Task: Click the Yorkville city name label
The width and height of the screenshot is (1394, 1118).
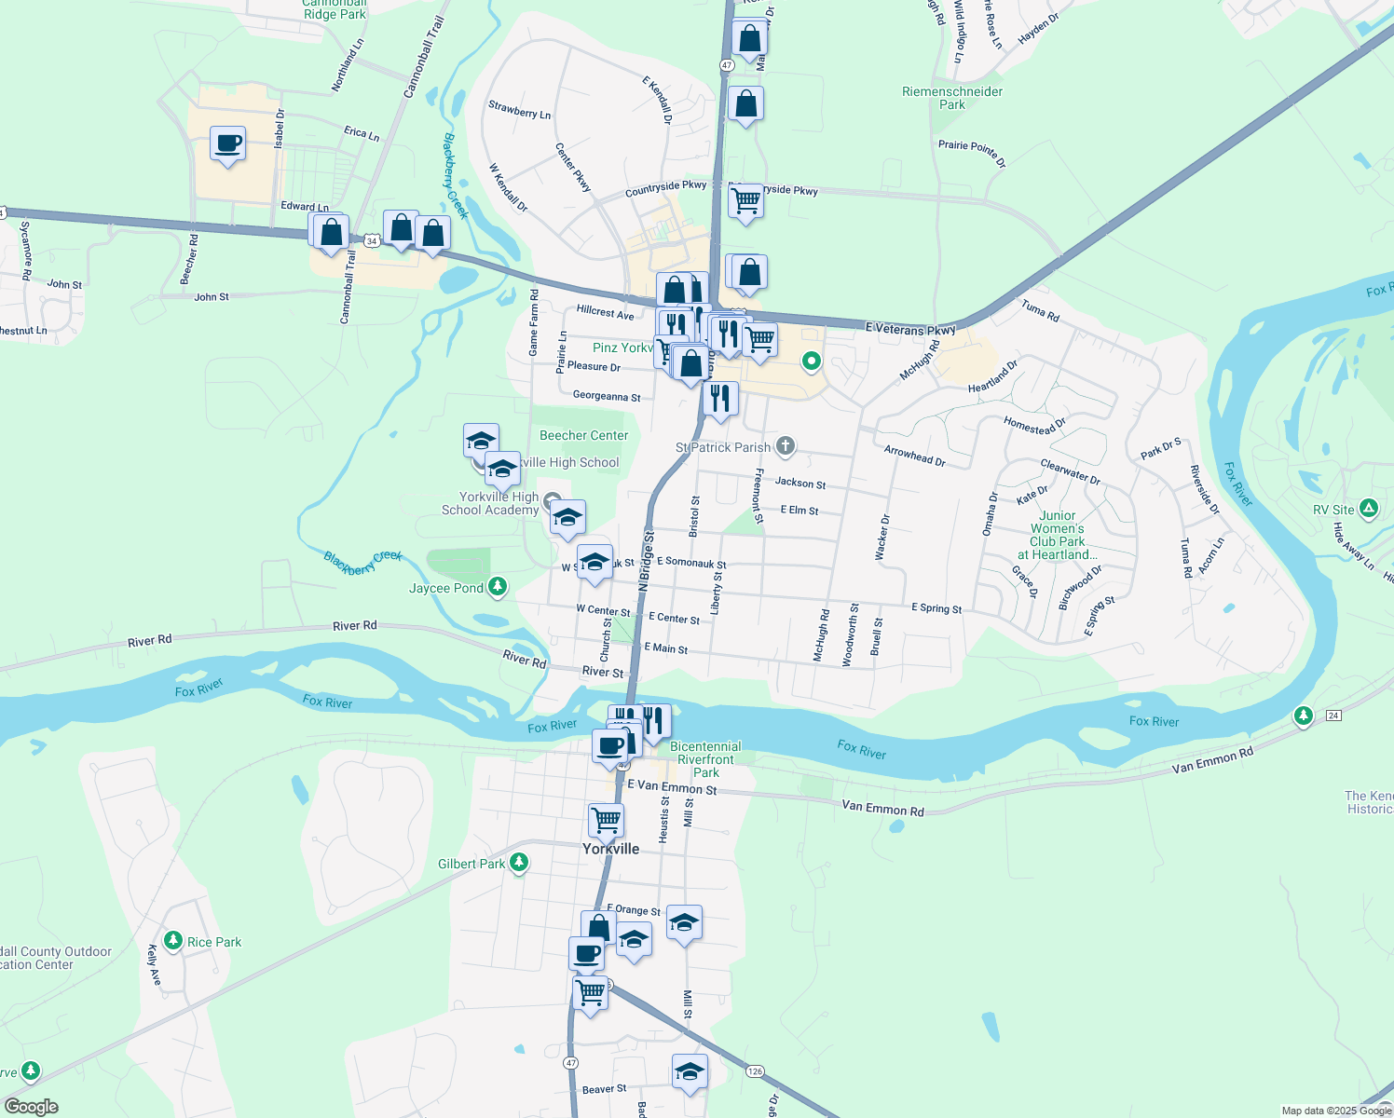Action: [x=610, y=849]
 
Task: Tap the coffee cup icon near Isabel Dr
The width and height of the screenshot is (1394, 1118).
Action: [x=228, y=145]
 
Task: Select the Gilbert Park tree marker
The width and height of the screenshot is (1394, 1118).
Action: [x=520, y=863]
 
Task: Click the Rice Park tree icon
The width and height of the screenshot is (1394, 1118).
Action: [x=173, y=941]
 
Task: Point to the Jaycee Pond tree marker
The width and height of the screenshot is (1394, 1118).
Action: [x=499, y=587]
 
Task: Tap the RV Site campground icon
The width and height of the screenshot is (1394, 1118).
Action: [x=1368, y=509]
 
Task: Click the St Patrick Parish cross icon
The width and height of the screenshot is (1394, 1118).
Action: [x=786, y=446]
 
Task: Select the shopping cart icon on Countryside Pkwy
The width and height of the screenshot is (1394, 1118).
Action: [x=745, y=201]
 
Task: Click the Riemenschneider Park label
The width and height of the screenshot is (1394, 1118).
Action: [x=952, y=98]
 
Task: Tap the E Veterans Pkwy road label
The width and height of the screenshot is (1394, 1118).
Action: [x=909, y=329]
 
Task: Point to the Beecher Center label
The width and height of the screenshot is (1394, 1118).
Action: [x=583, y=435]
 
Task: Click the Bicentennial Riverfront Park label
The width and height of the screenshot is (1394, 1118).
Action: [x=705, y=759]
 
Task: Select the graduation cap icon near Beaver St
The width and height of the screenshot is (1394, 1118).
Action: [x=690, y=1072]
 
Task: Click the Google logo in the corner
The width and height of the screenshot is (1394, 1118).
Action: [x=32, y=1107]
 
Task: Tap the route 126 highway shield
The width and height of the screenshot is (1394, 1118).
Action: [x=755, y=1071]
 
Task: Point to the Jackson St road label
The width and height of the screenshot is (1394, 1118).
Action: [x=800, y=483]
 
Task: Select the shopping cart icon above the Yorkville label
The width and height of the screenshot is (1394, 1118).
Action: [x=606, y=821]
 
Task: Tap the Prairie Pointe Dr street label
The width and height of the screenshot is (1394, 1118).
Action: [x=972, y=153]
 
